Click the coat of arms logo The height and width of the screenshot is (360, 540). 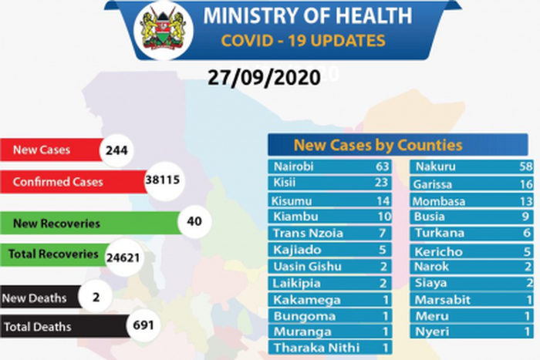164,32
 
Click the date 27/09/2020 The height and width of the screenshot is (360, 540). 264,78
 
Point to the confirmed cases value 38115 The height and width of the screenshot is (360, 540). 162,180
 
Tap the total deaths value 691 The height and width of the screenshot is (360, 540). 140,326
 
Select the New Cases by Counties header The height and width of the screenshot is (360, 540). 378,145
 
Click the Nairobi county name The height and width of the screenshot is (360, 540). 294,167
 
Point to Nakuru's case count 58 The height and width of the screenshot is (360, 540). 528,167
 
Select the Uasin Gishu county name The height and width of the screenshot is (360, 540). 305,266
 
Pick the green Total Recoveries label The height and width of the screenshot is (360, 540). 53,254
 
